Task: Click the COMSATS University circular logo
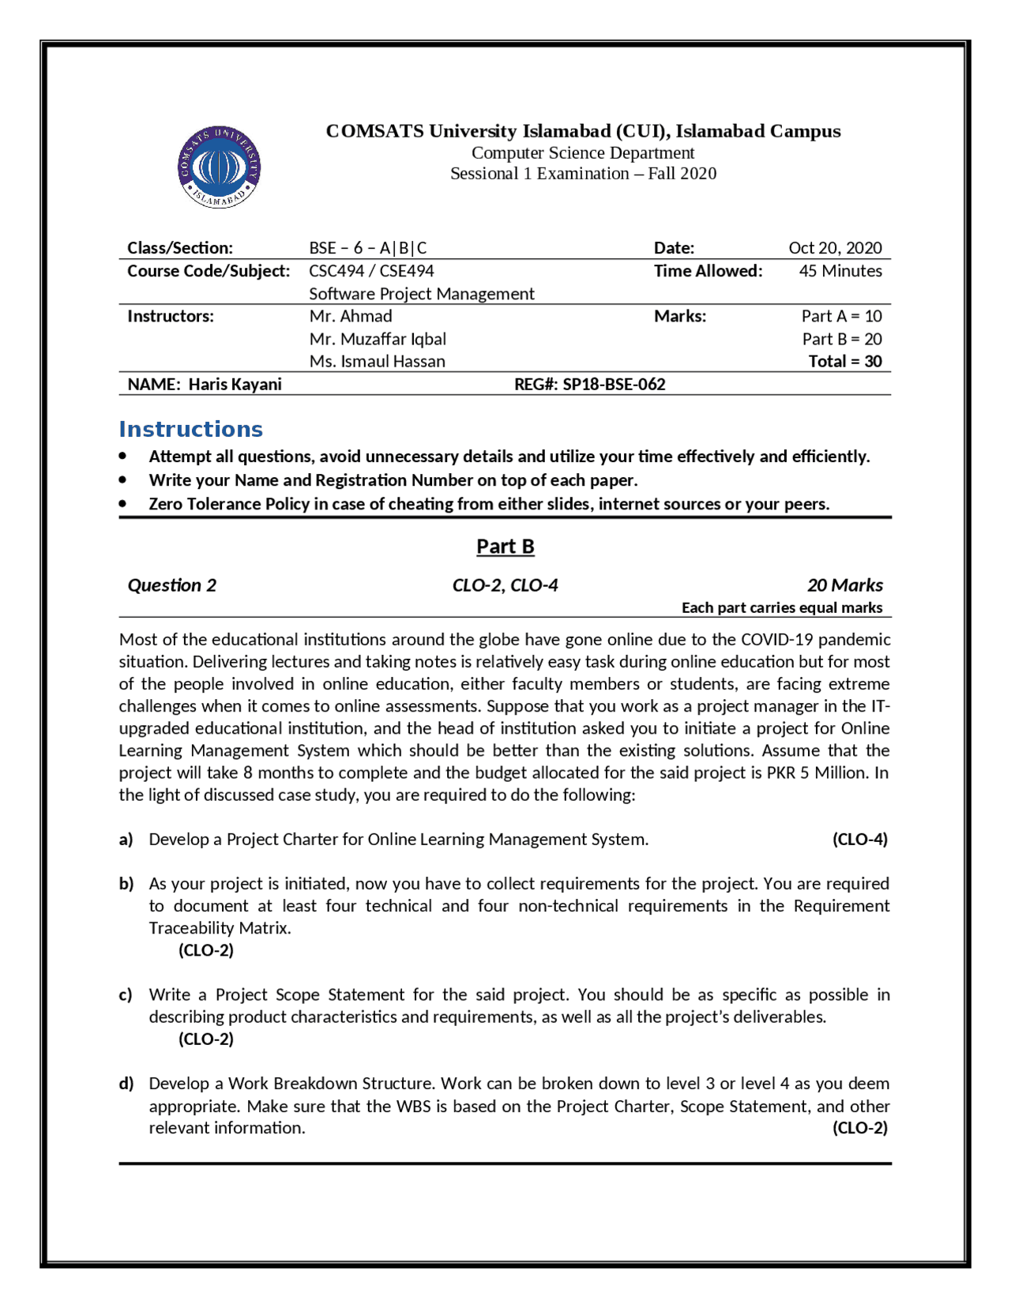(219, 167)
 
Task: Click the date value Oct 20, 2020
(835, 248)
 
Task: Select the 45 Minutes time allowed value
(840, 271)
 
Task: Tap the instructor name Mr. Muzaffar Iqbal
(378, 339)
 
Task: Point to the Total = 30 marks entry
(844, 362)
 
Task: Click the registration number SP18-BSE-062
(614, 385)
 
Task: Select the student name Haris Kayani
(235, 385)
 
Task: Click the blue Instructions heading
(190, 429)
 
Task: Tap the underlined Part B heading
(505, 547)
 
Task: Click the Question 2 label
(171, 585)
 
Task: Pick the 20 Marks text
(844, 585)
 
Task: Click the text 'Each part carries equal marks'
(781, 607)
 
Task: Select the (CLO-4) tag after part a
(859, 840)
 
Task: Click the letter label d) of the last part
(126, 1084)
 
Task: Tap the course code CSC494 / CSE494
(371, 271)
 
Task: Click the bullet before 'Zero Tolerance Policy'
(123, 503)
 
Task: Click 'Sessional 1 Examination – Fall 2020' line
(583, 174)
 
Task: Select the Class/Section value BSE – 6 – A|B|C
(367, 248)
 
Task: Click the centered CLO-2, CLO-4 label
(505, 585)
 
